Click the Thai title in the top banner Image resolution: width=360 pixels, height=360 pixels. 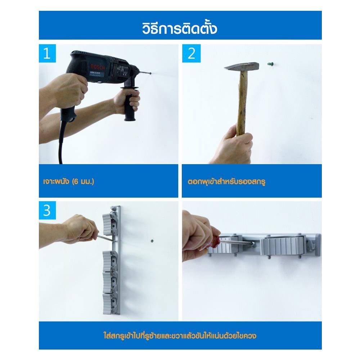pos(180,28)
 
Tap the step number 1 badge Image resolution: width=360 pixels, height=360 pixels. pos(47,53)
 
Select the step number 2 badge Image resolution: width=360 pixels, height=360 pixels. pos(191,53)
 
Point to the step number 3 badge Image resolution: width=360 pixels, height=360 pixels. pos(47,210)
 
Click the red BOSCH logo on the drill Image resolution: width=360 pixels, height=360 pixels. pos(98,67)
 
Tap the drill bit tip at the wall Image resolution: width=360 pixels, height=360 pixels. pos(150,73)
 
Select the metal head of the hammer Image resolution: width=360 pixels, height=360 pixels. pos(242,67)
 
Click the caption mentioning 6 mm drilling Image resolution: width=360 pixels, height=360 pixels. pos(69,181)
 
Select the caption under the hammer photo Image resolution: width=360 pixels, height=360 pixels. pos(226,181)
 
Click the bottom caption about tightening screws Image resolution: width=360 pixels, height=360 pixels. pos(180,336)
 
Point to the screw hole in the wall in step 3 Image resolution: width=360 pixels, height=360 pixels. pos(152,241)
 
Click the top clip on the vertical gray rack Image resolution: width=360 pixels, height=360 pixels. pos(110,224)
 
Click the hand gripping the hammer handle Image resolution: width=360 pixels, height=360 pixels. pos(233,145)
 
